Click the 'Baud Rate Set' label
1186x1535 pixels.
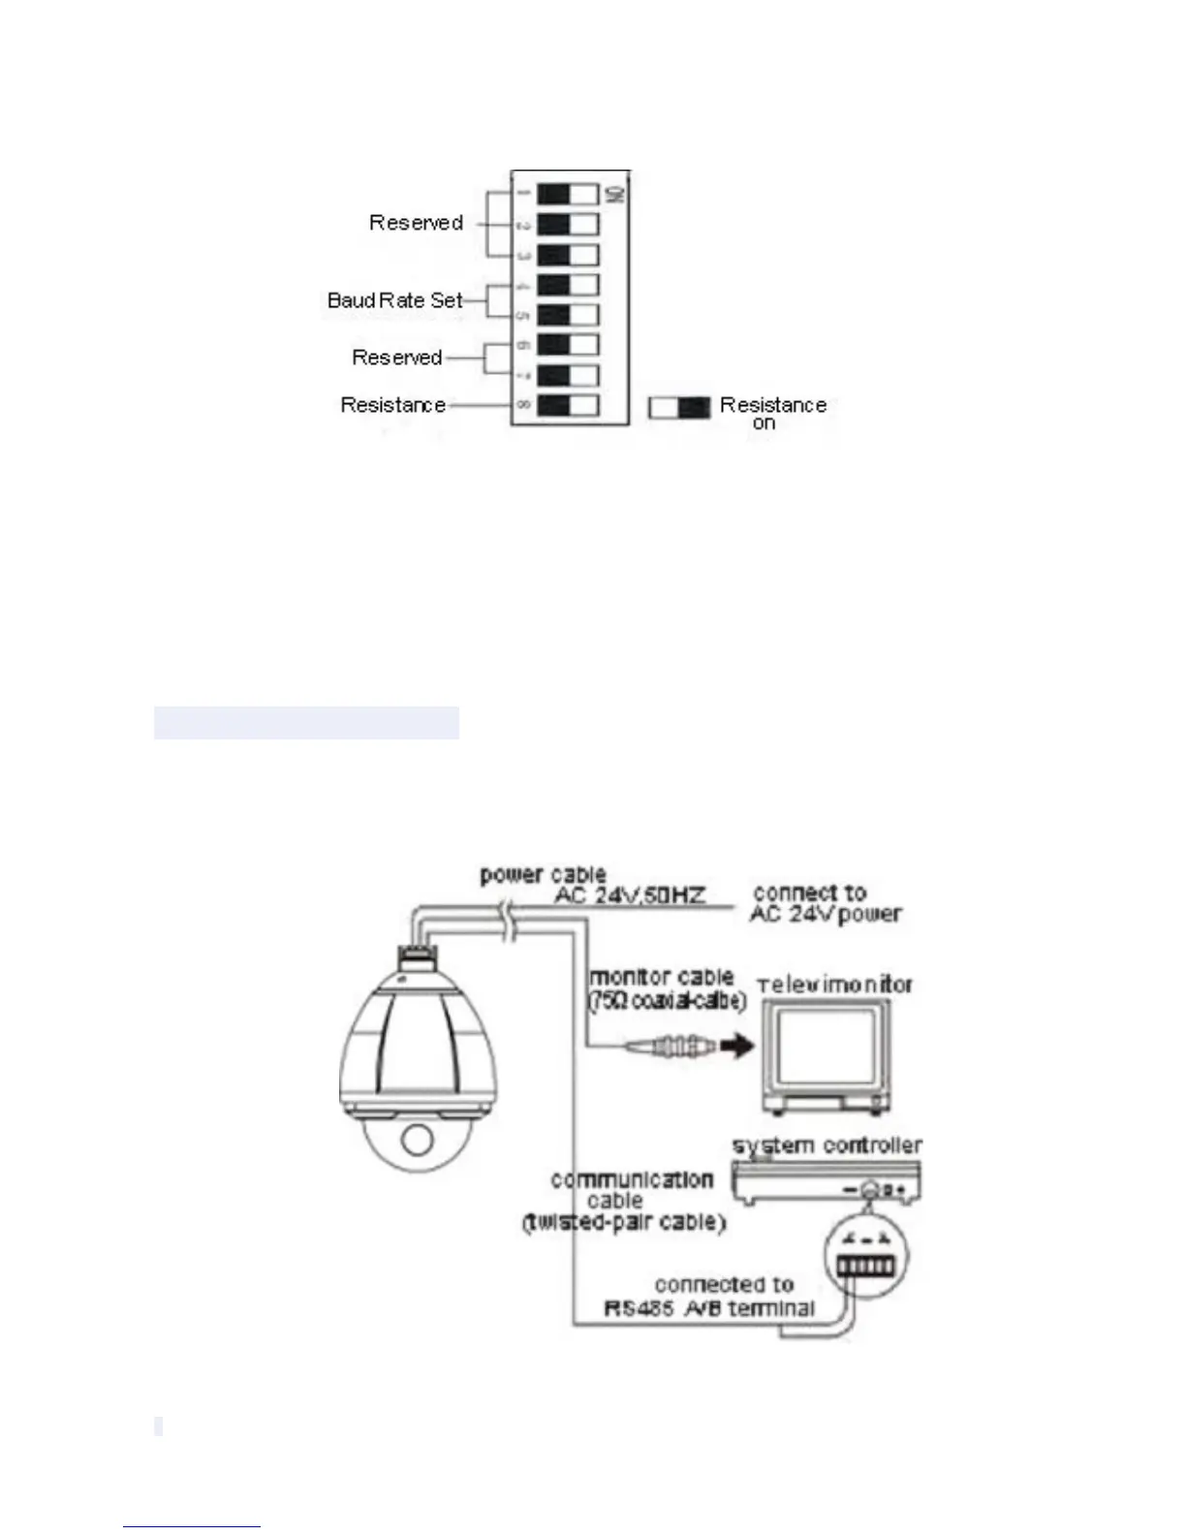click(x=395, y=300)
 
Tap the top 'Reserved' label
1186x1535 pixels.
click(x=416, y=223)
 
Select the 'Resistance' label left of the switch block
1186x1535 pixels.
click(x=392, y=405)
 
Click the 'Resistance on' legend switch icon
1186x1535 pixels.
click(x=673, y=408)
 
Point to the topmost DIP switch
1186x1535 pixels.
click(x=568, y=194)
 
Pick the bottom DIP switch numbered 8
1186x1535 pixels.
click(x=568, y=405)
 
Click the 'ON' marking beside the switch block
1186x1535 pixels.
click(x=614, y=194)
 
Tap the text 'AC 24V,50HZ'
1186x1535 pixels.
click(x=629, y=895)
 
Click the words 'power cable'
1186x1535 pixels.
click(x=543, y=875)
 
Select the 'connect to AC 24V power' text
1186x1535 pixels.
click(x=826, y=903)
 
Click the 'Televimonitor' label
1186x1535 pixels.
click(x=835, y=986)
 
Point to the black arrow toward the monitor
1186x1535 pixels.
click(x=736, y=1047)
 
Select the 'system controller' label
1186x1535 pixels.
click(x=827, y=1145)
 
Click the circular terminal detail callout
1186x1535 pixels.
click(x=864, y=1258)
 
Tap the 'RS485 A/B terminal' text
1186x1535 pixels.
click(x=709, y=1308)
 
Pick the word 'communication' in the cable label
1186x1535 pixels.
click(x=632, y=1180)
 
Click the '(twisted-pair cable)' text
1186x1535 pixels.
click(x=624, y=1223)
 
